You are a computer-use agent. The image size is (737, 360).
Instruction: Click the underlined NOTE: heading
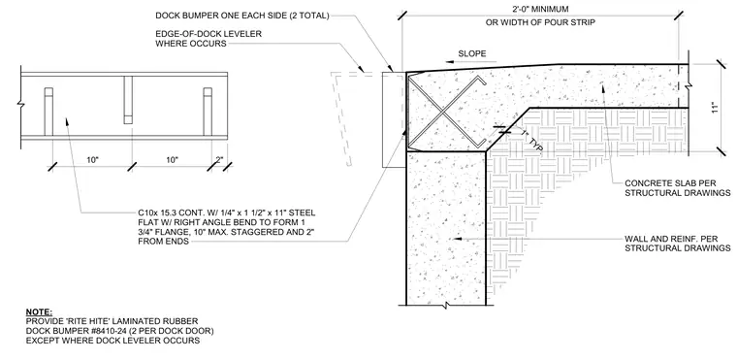point(39,312)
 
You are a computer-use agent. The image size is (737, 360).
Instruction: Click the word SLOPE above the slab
point(472,53)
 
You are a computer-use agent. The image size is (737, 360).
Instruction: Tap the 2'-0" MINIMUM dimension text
point(539,9)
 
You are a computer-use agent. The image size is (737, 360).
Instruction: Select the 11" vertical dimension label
point(715,108)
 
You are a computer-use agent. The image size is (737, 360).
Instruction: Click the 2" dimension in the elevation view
point(220,160)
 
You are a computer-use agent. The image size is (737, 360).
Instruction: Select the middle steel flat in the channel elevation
point(128,100)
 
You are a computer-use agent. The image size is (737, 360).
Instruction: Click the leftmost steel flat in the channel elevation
point(48,112)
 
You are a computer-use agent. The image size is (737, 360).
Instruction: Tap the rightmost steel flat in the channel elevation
point(208,112)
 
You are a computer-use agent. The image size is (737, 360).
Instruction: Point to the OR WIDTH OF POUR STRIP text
point(539,22)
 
